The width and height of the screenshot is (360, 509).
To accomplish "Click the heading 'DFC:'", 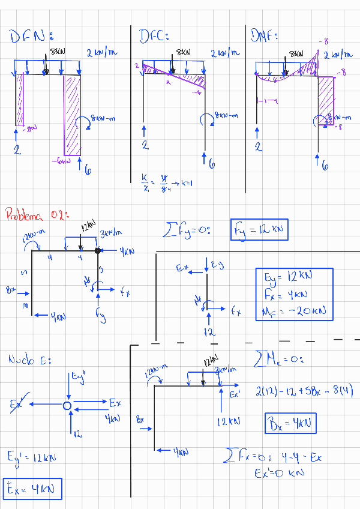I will (154, 36).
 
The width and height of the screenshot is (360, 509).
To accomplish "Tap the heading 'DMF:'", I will (268, 35).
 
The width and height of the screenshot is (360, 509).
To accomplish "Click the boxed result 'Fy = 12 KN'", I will (259, 229).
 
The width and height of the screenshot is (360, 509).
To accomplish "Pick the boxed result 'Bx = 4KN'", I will (290, 424).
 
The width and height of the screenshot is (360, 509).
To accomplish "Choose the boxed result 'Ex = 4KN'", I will (32, 489).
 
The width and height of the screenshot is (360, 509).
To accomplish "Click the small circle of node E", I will (68, 406).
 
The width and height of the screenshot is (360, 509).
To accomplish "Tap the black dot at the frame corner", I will (97, 250).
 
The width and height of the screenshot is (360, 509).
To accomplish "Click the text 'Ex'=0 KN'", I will (280, 472).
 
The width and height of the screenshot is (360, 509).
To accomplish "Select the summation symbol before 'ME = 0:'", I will (260, 360).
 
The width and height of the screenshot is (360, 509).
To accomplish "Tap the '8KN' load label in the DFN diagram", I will (58, 52).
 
